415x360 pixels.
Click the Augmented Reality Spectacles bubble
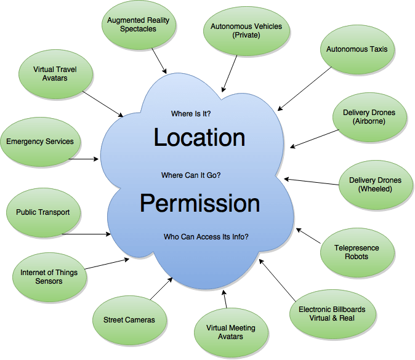pos(139,25)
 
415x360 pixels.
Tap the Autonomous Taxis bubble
pos(357,49)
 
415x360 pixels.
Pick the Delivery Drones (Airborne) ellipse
pos(369,117)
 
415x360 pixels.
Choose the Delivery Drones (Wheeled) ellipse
pos(375,185)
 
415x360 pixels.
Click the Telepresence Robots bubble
pos(357,252)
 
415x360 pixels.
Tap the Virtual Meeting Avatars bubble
pos(231,332)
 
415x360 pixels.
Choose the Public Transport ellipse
pos(43,212)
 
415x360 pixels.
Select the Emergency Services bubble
pos(40,142)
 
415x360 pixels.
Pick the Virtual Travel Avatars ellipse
pos(55,74)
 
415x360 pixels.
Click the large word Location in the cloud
pos(199,137)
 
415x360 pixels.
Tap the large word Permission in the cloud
pos(199,203)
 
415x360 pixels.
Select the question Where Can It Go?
pos(191,175)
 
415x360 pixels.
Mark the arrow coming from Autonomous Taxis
pos(304,89)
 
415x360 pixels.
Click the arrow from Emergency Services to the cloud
pos(83,159)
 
